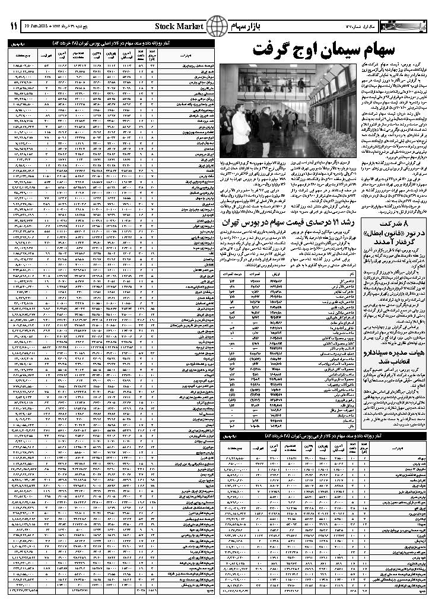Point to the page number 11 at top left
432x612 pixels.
pyautogui.click(x=14, y=27)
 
